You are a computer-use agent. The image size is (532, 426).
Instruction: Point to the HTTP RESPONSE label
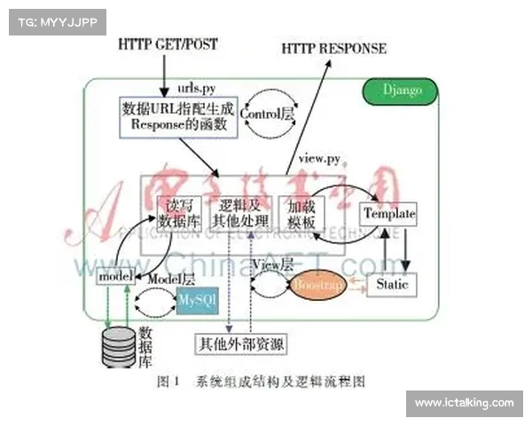(334, 48)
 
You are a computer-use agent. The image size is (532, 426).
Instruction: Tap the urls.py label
(196, 89)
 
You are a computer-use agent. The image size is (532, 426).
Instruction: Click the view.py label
(319, 158)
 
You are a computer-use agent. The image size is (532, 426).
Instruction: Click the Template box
(388, 214)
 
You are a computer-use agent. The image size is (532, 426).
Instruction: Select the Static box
(392, 285)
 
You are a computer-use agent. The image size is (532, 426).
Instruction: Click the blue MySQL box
(196, 300)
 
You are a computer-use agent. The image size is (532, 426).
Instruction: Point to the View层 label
(273, 264)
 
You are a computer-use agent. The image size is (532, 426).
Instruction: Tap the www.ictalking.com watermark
(465, 403)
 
